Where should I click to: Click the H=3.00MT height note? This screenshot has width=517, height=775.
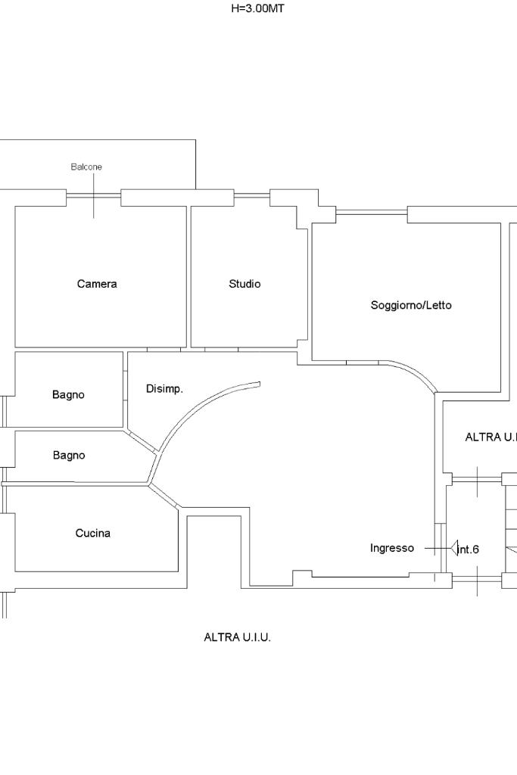tap(257, 8)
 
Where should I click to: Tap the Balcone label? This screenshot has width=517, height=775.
tap(86, 167)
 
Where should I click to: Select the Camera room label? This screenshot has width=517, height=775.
tap(98, 284)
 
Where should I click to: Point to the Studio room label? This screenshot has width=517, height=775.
tap(244, 284)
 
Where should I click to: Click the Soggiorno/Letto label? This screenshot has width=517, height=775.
tap(411, 305)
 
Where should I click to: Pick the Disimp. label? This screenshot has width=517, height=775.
tap(164, 389)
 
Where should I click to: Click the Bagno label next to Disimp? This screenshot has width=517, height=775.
tap(68, 394)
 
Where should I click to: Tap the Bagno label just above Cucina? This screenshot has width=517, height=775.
tap(69, 455)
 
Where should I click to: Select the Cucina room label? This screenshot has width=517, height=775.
tap(93, 533)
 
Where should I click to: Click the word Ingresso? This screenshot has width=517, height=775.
tap(392, 548)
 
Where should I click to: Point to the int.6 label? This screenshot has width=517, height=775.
tap(469, 549)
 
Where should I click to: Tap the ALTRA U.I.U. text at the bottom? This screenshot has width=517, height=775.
tap(237, 637)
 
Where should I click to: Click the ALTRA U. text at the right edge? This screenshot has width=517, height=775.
tap(491, 437)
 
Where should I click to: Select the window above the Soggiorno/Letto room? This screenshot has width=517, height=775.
tap(371, 212)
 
